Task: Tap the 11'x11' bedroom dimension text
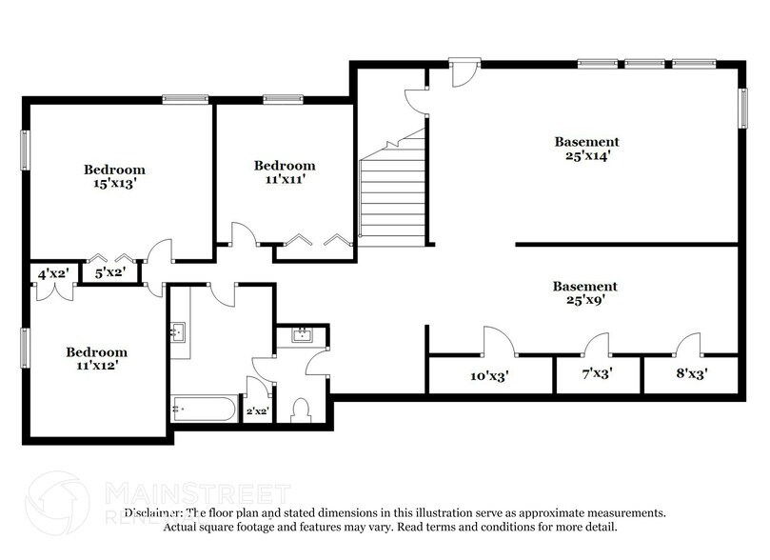[x=284, y=178]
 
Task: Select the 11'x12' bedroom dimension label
[x=96, y=364]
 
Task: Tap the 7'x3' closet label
[x=596, y=374]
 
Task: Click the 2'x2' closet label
[x=257, y=411]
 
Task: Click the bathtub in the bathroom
[x=203, y=410]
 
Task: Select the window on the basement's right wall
[x=742, y=107]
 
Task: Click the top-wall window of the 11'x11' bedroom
[x=277, y=99]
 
